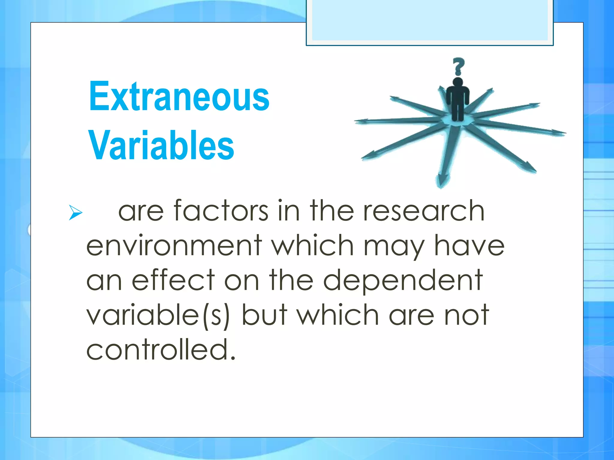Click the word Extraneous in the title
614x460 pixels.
point(179,96)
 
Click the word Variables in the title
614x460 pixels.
point(161,146)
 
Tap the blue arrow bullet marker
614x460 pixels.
point(75,212)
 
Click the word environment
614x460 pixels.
point(174,246)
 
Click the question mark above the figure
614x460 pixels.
point(458,66)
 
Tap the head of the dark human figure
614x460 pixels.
point(458,82)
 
